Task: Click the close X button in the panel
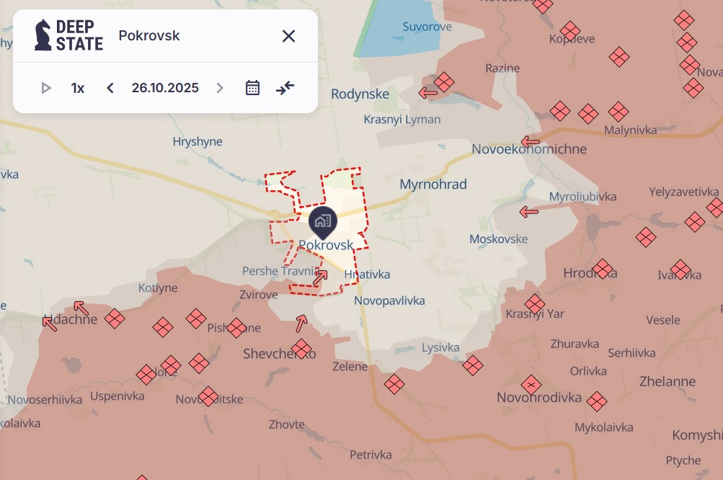point(288,36)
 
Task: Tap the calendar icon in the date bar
point(252,88)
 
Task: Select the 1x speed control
point(78,88)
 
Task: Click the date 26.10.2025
point(165,88)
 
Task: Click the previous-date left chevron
point(110,88)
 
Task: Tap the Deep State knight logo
point(43,35)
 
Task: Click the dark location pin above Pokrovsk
point(322,221)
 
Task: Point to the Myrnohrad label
point(433,185)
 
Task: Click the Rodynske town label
point(360,94)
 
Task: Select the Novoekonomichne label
point(529,149)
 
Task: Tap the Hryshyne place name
point(198,142)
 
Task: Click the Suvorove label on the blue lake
point(427,27)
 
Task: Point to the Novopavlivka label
point(389,301)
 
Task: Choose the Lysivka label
point(440,347)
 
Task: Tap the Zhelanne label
point(667,381)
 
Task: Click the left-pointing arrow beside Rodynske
point(429,92)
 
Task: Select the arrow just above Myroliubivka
point(529,212)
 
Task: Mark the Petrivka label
point(371,455)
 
